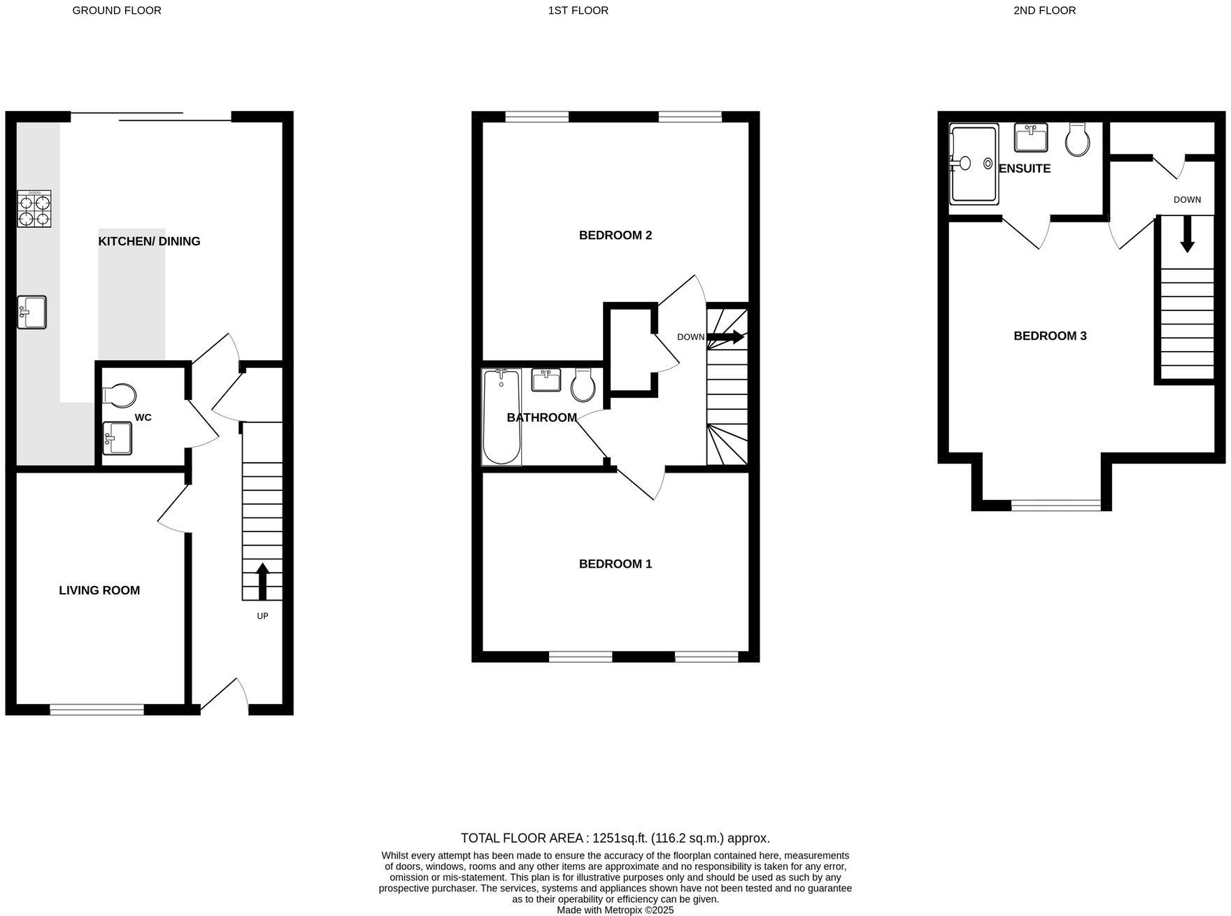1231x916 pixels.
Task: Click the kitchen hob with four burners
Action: [34, 208]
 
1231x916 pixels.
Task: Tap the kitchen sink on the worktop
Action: [31, 312]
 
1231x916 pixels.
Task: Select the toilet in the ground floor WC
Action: [120, 396]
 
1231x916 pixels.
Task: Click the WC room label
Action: [143, 417]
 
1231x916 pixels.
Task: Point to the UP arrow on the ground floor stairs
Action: [262, 581]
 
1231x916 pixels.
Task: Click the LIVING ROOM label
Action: [99, 590]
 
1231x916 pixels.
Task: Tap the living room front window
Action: [97, 709]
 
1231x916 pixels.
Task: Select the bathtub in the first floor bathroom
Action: [501, 417]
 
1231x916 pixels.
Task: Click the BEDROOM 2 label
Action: [615, 235]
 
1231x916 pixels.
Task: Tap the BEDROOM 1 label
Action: [615, 564]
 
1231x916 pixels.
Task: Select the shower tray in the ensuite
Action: [974, 165]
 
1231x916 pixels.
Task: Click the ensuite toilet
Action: [1077, 140]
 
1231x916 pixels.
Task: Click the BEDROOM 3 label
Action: [1049, 336]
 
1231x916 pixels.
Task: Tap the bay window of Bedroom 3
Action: [1055, 504]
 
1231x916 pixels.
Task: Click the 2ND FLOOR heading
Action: [1044, 10]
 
